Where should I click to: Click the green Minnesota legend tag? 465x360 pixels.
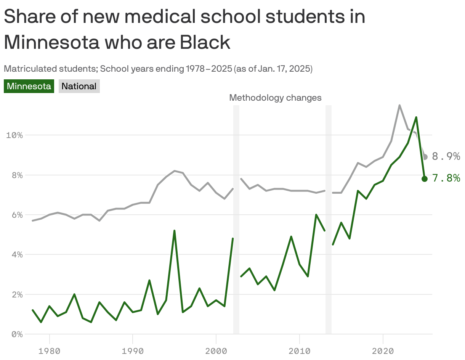pos(29,86)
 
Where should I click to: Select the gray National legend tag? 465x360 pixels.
pos(79,86)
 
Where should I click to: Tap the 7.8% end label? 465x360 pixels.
pos(446,178)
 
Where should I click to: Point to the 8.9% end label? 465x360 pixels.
pos(446,156)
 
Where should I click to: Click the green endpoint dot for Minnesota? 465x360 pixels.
pos(425,179)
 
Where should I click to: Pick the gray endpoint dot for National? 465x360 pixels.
pos(425,157)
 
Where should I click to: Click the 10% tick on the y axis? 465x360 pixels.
pos(14,135)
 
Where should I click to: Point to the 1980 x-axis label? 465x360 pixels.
pos(49,350)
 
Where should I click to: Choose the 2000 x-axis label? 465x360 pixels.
pos(216,350)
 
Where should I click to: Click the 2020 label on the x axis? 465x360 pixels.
pos(383,350)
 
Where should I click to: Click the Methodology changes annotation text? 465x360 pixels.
pos(275,98)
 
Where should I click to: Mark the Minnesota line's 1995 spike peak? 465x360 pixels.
pos(174,231)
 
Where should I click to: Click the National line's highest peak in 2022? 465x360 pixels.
pos(399,105)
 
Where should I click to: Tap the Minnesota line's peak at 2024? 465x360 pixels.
pos(416,117)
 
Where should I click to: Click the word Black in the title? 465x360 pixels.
pos(205,42)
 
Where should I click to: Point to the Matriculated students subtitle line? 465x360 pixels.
pos(158,69)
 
